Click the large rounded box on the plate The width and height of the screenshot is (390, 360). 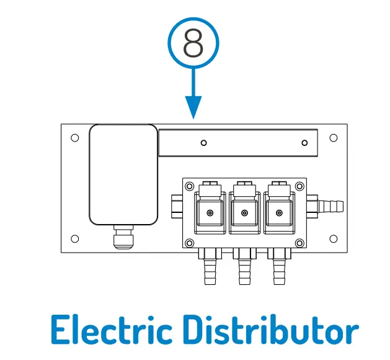tap(123, 174)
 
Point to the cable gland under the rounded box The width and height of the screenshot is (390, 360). tap(123, 239)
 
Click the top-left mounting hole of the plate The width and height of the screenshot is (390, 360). tap(75, 137)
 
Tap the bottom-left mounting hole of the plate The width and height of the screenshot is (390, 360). tap(75, 238)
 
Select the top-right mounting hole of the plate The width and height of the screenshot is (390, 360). tap(334, 137)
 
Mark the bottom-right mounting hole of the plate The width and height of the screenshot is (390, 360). tap(334, 238)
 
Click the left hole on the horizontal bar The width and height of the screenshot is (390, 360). tap(204, 143)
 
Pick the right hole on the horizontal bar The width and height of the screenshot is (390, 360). tap(304, 143)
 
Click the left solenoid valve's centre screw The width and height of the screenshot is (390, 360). tap(210, 213)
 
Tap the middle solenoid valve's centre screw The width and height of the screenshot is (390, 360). tap(245, 213)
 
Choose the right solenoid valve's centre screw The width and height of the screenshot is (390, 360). tap(280, 213)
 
